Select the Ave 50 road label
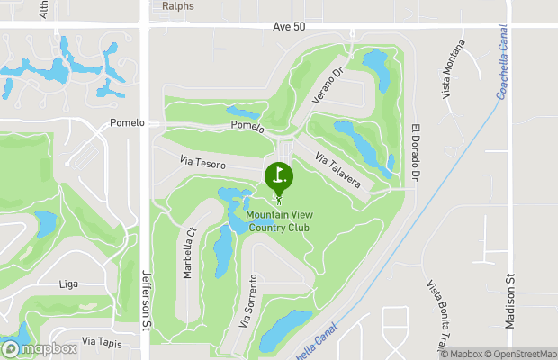pyautogui.click(x=289, y=27)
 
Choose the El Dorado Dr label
pyautogui.click(x=415, y=150)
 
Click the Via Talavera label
pyautogui.click(x=338, y=170)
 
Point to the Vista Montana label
pyautogui.click(x=454, y=69)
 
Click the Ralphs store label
pyautogui.click(x=177, y=5)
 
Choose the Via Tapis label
pyautogui.click(x=100, y=341)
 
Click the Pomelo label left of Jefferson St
pyautogui.click(x=126, y=122)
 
